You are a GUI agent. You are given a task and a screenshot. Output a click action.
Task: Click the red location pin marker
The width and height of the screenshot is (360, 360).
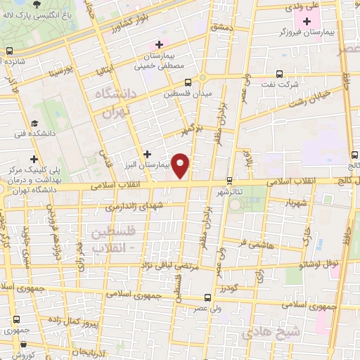point(181,165)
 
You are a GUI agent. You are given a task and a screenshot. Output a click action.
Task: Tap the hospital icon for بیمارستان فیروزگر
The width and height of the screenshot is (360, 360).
point(306,22)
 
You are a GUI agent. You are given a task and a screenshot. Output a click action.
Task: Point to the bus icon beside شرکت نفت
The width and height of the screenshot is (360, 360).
point(279,74)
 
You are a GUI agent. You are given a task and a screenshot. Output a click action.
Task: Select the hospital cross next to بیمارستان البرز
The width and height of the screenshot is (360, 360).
point(146,153)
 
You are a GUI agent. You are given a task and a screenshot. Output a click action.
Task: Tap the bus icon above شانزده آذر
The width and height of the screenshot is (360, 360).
point(10,51)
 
